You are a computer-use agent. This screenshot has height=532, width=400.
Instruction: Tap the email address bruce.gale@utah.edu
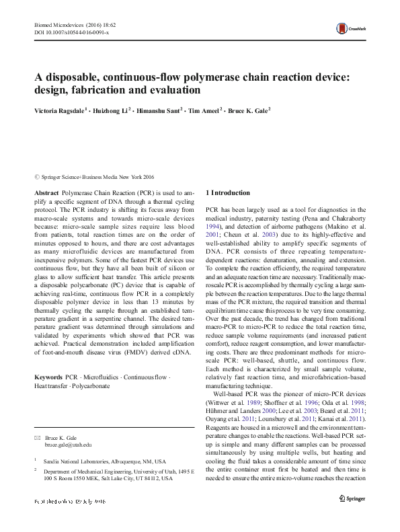coord(68,445)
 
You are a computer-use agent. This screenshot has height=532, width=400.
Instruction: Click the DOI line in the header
coord(71,32)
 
